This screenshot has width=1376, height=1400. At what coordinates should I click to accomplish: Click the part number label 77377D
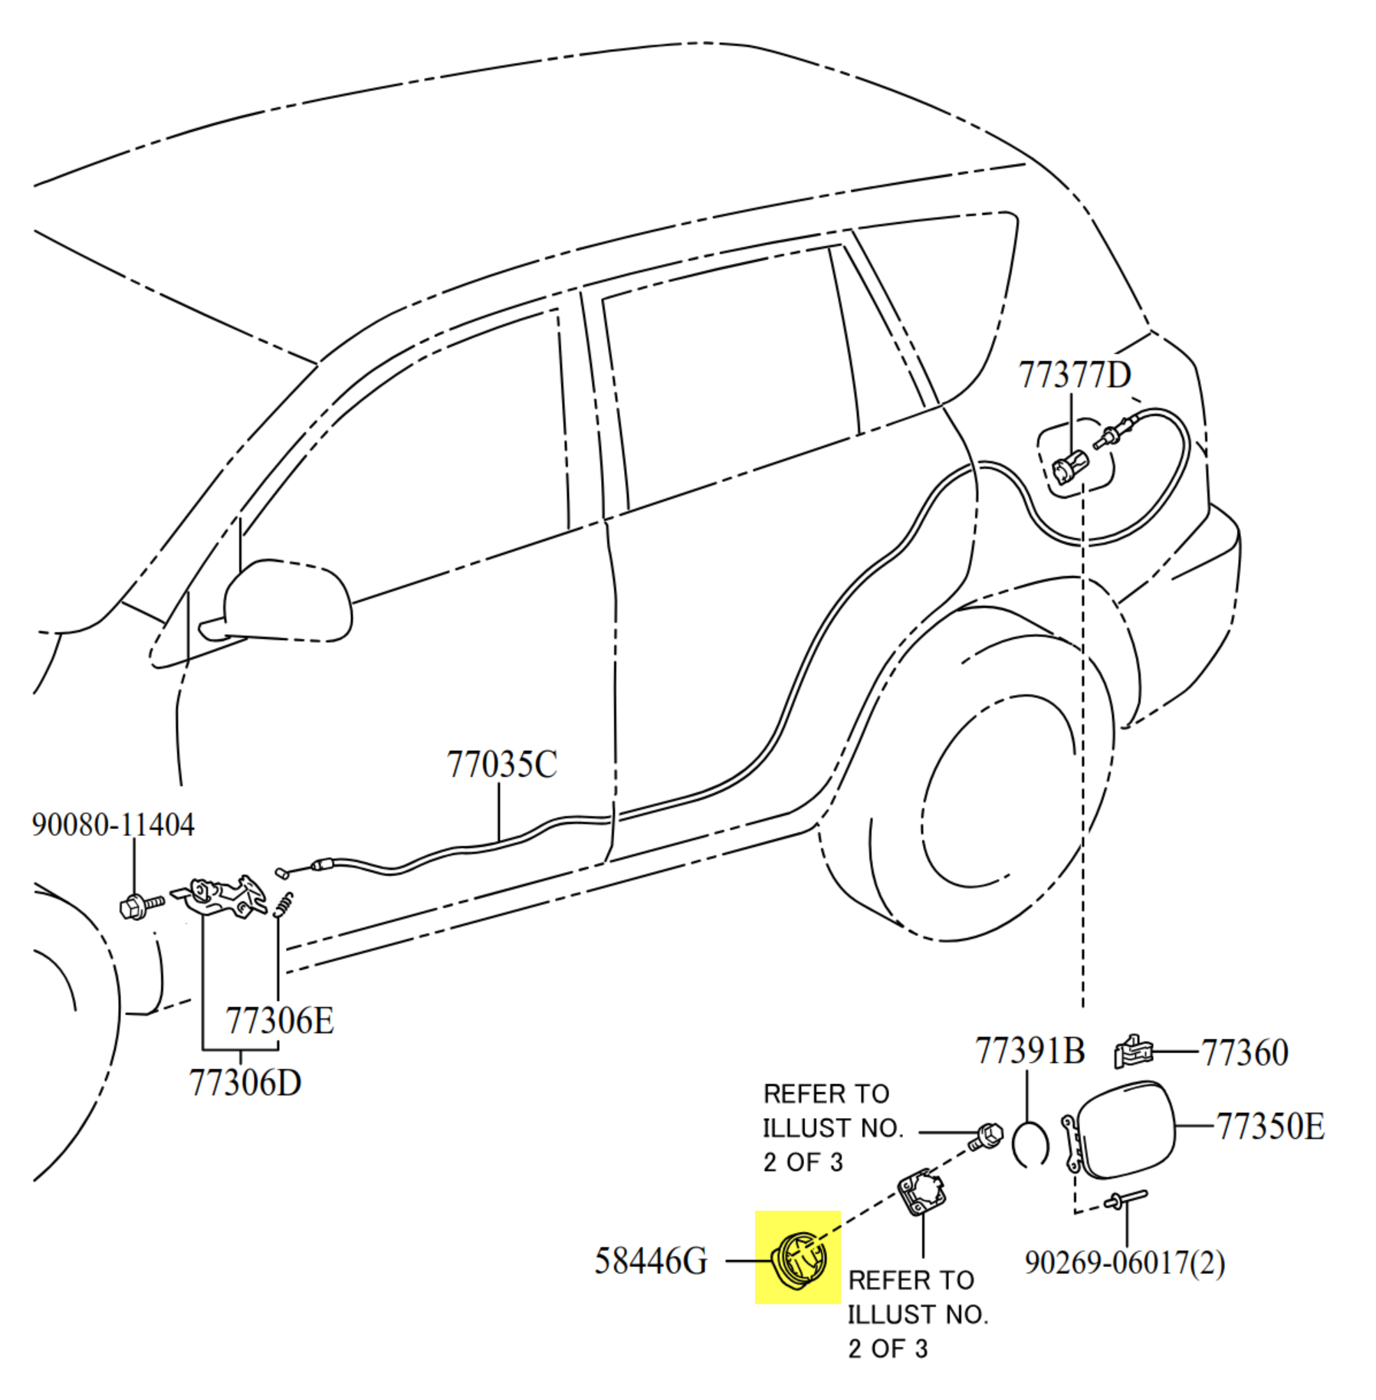coord(1073,375)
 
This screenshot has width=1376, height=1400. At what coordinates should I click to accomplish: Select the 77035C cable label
coord(501,764)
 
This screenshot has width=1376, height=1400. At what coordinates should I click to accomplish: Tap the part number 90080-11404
coord(113,825)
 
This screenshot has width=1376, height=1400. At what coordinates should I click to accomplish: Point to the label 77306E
coord(279,1021)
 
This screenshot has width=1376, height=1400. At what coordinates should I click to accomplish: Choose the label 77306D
coord(245,1083)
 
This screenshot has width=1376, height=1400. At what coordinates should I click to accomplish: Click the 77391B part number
coord(1029,1051)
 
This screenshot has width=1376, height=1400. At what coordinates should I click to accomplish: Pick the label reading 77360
coord(1243,1053)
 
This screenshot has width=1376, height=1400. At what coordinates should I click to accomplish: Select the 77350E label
coord(1269,1126)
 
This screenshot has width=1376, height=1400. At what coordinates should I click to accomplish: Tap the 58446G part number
coord(650,1261)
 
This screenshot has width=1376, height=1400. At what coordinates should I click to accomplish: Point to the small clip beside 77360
coord(1132,1051)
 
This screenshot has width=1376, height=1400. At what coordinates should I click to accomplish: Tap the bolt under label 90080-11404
coord(140,906)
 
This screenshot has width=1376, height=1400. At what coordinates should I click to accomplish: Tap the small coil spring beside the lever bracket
coord(284,904)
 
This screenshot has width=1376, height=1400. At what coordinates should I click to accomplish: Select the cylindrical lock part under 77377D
coord(1069,467)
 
